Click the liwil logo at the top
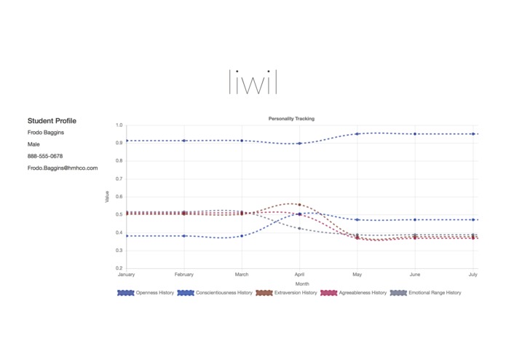click(253, 82)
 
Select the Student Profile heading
click(52, 121)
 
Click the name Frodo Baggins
click(46, 133)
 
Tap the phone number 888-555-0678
click(45, 156)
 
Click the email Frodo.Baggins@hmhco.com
click(63, 168)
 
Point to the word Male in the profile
click(34, 144)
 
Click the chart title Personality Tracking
click(291, 118)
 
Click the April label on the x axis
click(299, 275)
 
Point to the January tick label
click(127, 275)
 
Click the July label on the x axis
click(473, 275)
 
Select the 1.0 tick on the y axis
click(119, 125)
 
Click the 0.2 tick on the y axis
click(119, 268)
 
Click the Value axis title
click(108, 197)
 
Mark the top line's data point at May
click(357, 134)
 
